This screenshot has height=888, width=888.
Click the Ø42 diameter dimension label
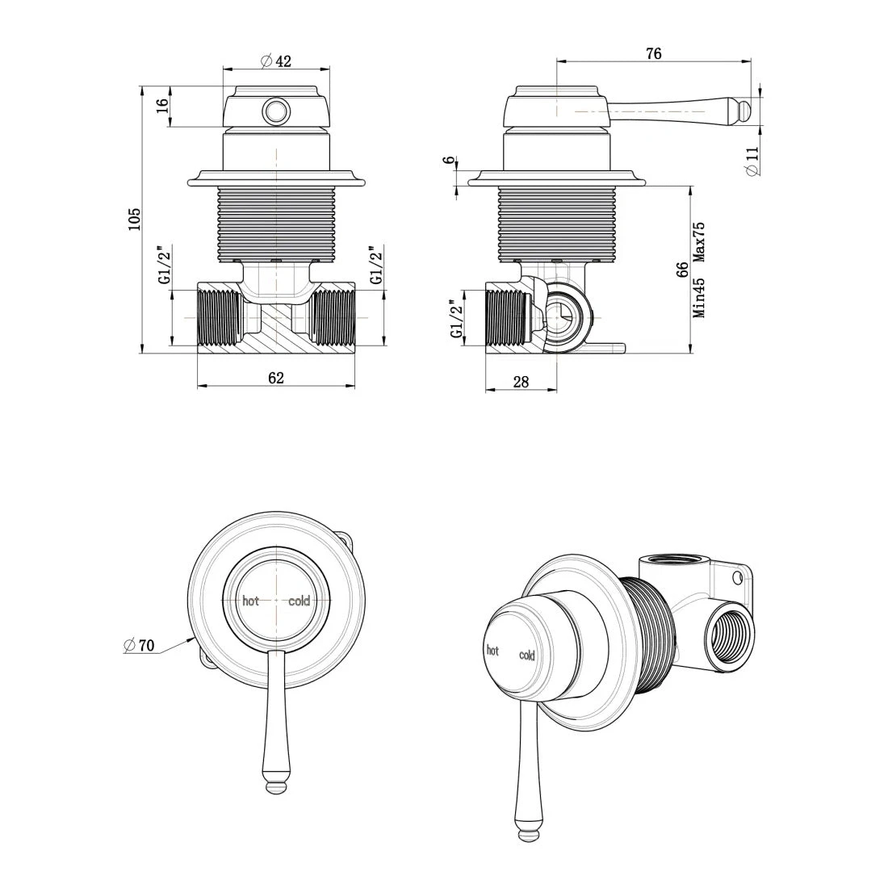[x=276, y=61]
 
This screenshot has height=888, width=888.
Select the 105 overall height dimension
[x=135, y=218]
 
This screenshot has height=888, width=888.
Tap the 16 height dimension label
[x=161, y=106]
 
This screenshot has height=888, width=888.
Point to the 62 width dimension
[x=276, y=377]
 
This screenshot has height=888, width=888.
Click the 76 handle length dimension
[x=654, y=53]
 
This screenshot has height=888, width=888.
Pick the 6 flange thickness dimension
[x=449, y=161]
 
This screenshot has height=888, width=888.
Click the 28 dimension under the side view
[x=521, y=382]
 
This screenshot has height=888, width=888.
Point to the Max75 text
[x=699, y=242]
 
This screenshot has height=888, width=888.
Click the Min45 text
[x=699, y=299]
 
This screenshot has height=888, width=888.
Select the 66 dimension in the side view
[x=682, y=270]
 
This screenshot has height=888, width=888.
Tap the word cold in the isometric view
[x=527, y=656]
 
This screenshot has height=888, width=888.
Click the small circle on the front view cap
[x=276, y=110]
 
